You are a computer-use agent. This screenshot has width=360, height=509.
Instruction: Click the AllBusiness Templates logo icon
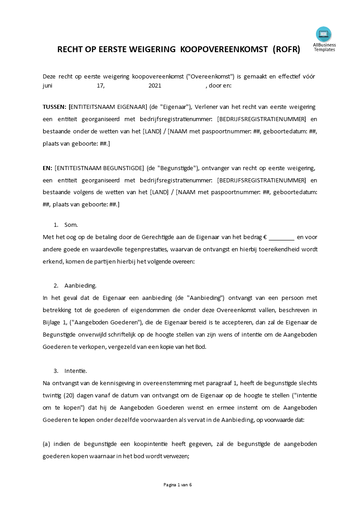(x=324, y=34)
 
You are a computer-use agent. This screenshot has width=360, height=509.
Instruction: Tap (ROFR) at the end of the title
(x=286, y=50)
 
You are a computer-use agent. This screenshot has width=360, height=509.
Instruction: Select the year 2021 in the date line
(x=155, y=85)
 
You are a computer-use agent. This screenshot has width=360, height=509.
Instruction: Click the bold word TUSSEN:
(x=54, y=107)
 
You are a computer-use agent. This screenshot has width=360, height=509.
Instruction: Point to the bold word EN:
(x=48, y=168)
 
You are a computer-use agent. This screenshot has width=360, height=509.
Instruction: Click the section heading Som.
(x=71, y=225)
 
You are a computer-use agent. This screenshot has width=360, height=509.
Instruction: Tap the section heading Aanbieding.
(x=80, y=286)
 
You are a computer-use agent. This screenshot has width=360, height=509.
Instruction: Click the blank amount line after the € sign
(x=282, y=237)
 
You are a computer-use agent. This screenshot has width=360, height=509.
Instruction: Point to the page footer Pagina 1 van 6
(x=178, y=485)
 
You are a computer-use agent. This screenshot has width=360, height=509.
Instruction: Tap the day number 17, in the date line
(x=101, y=85)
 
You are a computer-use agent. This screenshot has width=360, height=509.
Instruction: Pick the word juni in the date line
(x=48, y=85)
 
